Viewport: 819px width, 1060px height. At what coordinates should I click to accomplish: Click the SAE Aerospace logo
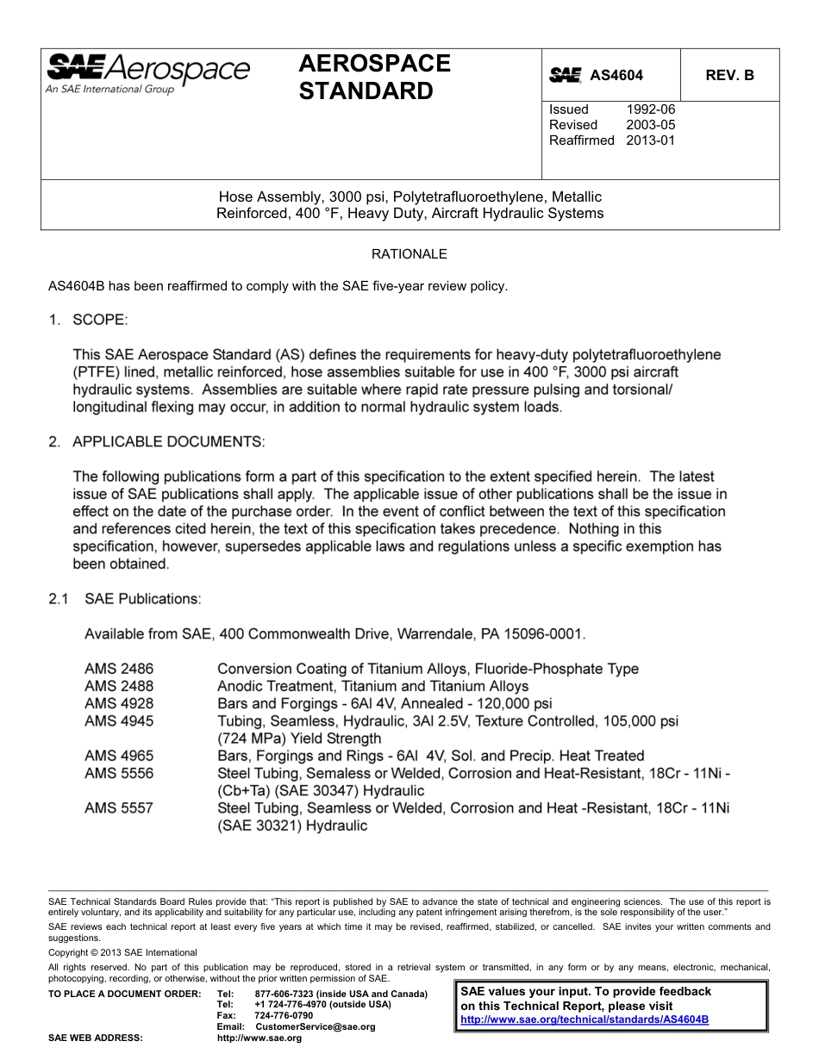[147, 73]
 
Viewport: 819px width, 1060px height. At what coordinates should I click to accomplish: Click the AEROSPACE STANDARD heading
[374, 77]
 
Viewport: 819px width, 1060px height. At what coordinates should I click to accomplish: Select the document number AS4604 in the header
[616, 76]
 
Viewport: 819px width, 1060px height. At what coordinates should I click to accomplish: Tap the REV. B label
[729, 76]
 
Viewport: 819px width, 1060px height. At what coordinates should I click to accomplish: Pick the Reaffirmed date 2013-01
[651, 140]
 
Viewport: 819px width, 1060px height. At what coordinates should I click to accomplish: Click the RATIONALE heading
[409, 254]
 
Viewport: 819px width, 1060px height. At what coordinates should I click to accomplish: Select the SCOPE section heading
[99, 321]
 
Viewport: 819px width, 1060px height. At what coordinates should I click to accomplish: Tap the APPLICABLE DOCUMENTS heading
[168, 442]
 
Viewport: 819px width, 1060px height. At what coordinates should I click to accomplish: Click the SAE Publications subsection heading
[142, 599]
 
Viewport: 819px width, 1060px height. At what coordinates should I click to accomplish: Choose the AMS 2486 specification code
[119, 669]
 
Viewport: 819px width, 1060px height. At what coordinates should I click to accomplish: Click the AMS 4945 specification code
[119, 721]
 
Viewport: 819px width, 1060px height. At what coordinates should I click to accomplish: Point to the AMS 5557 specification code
[119, 808]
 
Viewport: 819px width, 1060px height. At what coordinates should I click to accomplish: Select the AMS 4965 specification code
[119, 756]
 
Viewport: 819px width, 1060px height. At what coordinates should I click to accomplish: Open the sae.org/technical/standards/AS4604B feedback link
[585, 1019]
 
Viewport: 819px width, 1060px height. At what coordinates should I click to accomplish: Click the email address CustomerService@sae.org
[316, 1027]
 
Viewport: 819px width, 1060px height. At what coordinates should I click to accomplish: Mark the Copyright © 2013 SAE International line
[122, 953]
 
